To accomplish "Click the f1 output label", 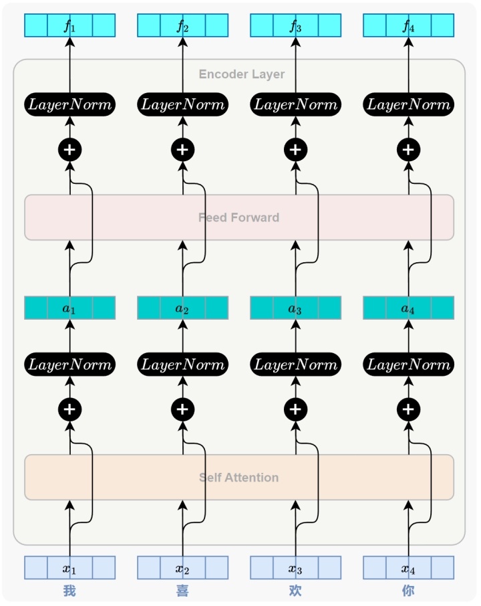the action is (69, 26).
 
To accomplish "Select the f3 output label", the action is (295, 26).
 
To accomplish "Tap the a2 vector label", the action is (182, 308).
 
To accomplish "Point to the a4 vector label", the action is (408, 308).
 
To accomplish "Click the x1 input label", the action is (69, 569).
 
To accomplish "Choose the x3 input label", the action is (295, 569).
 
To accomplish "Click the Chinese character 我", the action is (69, 591).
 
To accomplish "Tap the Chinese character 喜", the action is (182, 591).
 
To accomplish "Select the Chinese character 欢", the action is (295, 591).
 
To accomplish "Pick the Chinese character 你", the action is (408, 591).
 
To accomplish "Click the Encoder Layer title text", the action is (242, 74).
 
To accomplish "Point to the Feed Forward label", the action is (238, 217).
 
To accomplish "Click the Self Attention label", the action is (238, 478).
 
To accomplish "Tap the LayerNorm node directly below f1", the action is (69, 104).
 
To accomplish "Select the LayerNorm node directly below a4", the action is (408, 365).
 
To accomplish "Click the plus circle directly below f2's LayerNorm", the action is (182, 150).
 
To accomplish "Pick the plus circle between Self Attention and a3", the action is (295, 409).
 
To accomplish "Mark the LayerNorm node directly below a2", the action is (182, 365).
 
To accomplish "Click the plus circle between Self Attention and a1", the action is (69, 409).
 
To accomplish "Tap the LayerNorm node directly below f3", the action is (295, 104).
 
